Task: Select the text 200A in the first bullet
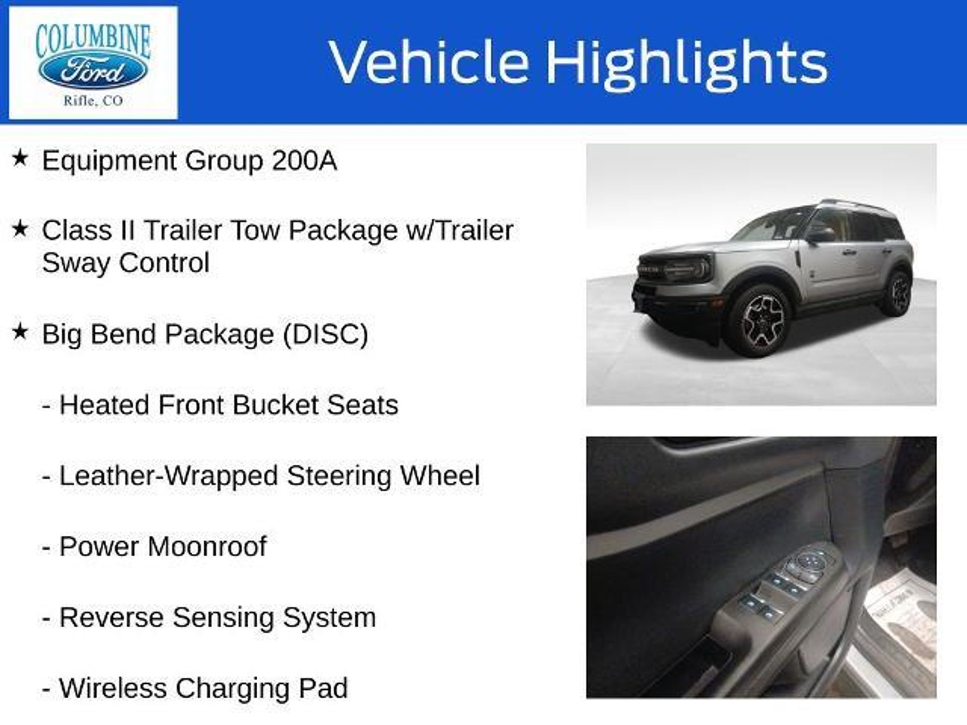point(304,160)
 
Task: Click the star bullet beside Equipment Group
point(20,158)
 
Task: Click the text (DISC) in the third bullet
point(325,335)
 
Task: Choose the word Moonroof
point(207,546)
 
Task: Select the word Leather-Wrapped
point(169,476)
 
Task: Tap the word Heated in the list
point(104,405)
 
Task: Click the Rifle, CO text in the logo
point(93,101)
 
